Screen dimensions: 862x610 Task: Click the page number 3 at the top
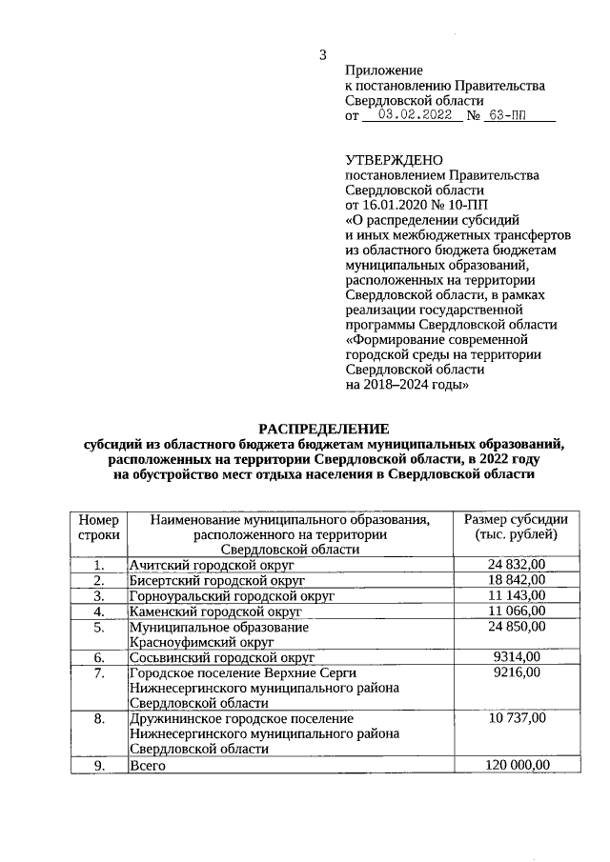pyautogui.click(x=323, y=54)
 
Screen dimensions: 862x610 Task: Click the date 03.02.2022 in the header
pyautogui.click(x=415, y=115)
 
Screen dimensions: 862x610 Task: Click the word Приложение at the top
pyautogui.click(x=383, y=70)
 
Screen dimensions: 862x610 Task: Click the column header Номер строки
pyautogui.click(x=98, y=527)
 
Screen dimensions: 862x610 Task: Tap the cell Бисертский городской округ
pyautogui.click(x=216, y=580)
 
